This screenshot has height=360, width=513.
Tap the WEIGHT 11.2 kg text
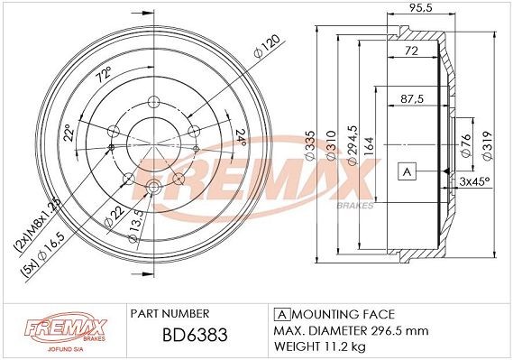320,346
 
